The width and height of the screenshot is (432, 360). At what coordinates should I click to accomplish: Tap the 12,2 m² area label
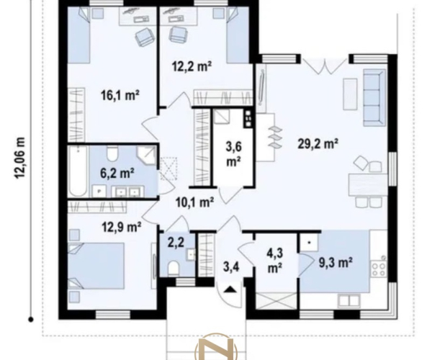coord(192,66)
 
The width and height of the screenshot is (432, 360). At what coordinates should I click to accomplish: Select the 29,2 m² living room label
coord(318,143)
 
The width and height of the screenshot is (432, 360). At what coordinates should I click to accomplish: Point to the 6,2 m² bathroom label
coord(117,174)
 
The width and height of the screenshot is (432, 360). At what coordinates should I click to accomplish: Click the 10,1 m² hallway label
coord(195,202)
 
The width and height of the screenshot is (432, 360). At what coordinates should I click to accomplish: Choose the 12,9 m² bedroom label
coord(122,228)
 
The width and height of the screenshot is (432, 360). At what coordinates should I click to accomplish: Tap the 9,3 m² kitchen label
coord(336,263)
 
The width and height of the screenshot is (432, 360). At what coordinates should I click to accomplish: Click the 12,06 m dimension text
coord(20,158)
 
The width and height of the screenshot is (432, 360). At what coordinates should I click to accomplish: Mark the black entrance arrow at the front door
coord(230,289)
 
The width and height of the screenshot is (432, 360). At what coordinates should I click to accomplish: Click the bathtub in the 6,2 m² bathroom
coord(78,171)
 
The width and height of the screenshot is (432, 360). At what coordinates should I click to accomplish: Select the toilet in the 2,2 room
coord(173,268)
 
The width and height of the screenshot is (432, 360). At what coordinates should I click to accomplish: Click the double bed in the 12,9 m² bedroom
coord(96,266)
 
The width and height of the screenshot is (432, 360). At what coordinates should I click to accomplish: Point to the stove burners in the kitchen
coord(379,269)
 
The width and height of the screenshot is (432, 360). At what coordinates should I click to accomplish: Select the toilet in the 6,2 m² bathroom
coord(112,154)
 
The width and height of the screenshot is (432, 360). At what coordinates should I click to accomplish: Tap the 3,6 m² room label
coord(233,154)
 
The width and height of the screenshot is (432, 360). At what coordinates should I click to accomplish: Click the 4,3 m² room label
coord(275,260)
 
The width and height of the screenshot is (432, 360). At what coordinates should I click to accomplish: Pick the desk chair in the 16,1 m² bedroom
coord(145,37)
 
